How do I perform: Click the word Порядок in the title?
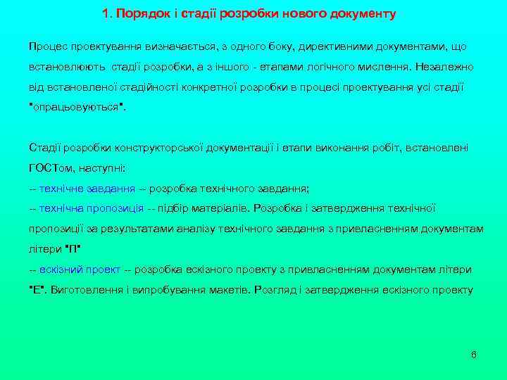point(139,13)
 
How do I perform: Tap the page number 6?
point(473,354)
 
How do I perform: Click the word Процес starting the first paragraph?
point(46,46)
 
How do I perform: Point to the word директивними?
point(332,46)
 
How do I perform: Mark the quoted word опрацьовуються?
point(76,108)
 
